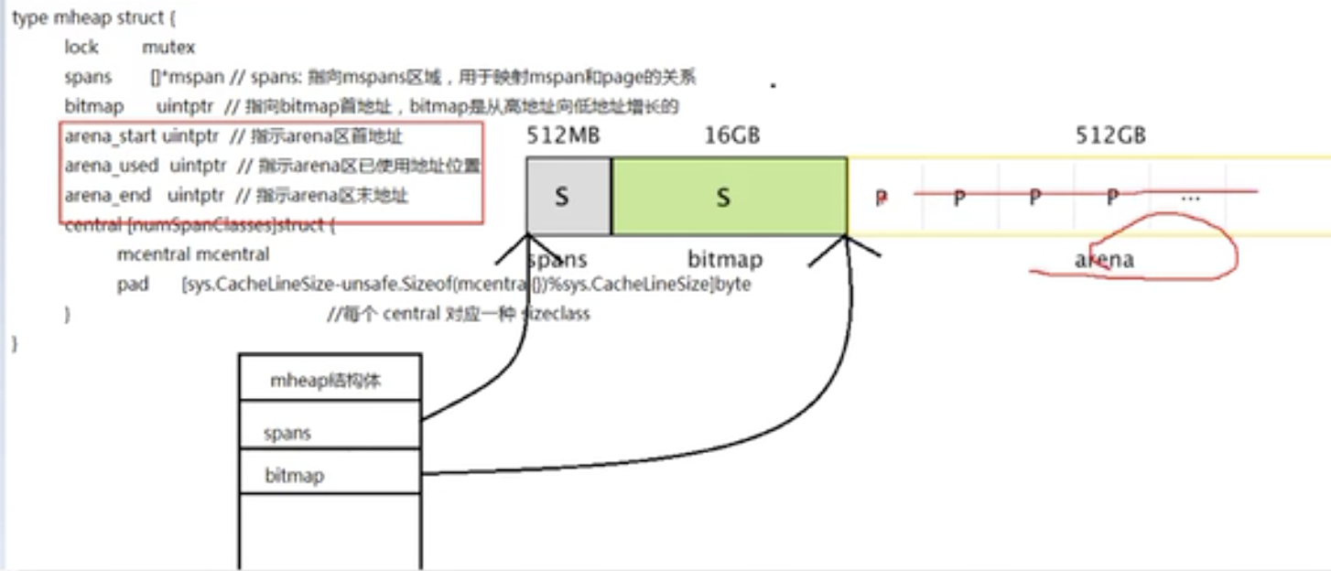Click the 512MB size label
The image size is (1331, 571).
point(563,135)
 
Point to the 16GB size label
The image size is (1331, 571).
point(731,135)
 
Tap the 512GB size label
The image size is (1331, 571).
point(1110,135)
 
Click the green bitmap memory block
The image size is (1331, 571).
point(729,197)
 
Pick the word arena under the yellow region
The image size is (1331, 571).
point(1104,260)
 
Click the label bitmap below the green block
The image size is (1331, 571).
point(724,260)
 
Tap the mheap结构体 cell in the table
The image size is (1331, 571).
point(325,382)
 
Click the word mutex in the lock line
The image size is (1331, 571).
point(168,47)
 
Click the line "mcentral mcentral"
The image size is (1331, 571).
point(193,254)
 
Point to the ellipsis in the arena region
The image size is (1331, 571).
point(1190,197)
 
